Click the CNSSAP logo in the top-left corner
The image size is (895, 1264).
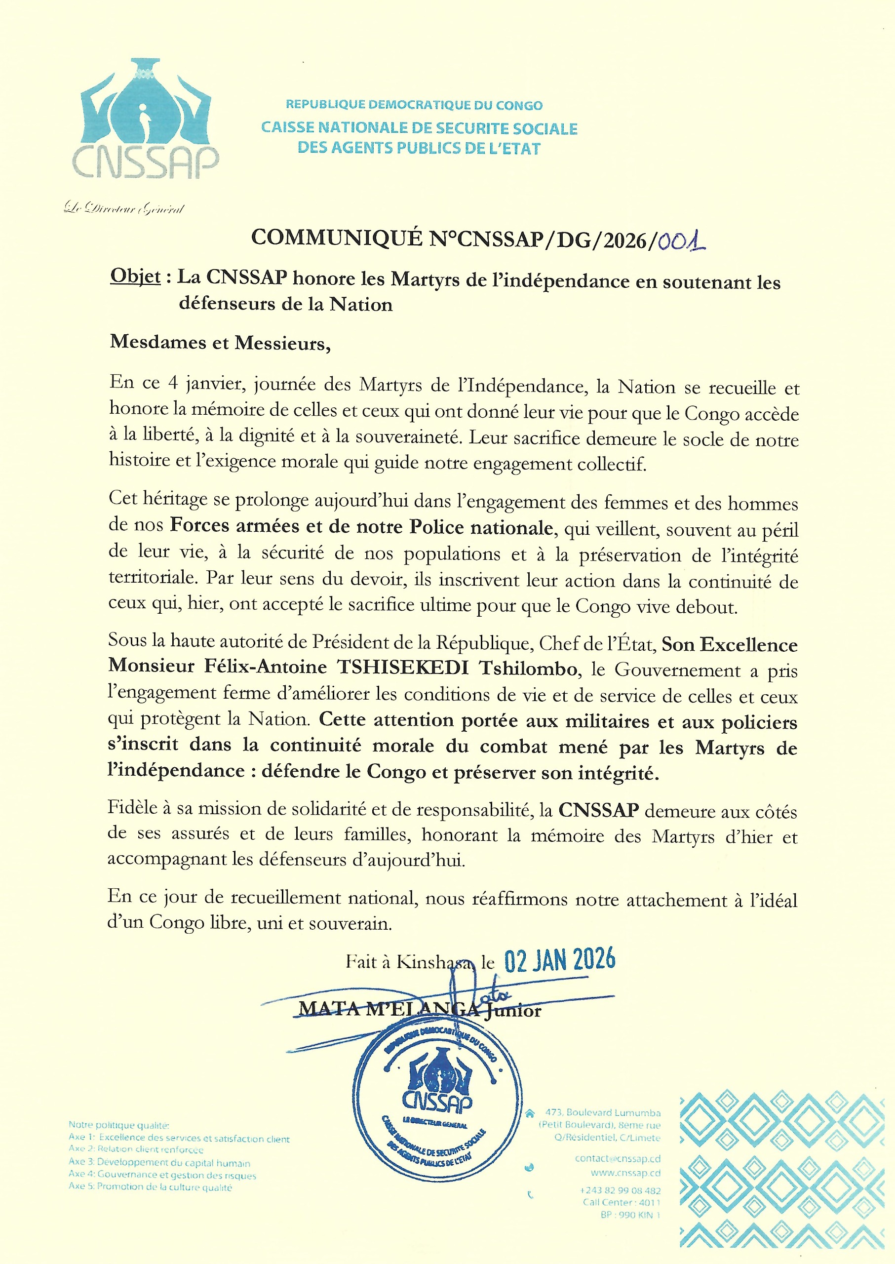tap(146, 119)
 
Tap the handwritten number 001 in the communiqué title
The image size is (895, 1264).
tap(681, 241)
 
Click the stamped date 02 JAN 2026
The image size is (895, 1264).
tap(559, 960)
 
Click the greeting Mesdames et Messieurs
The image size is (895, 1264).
tap(221, 343)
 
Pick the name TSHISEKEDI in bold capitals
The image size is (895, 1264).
tap(403, 668)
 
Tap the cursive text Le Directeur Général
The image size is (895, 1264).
tap(124, 208)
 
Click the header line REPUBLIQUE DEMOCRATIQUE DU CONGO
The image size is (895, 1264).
tap(414, 105)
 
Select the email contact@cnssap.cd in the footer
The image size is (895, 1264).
tap(617, 1159)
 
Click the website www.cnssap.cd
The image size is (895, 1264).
tap(625, 1173)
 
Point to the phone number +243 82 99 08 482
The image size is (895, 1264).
tap(620, 1191)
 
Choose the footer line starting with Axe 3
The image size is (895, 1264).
tap(159, 1163)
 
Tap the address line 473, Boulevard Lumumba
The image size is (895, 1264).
tap(603, 1112)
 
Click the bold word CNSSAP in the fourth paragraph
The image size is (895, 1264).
tap(598, 810)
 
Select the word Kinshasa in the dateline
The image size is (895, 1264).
tap(435, 962)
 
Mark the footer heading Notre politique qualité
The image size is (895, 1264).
tap(119, 1125)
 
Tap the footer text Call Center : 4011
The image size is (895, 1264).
tap(621, 1202)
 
